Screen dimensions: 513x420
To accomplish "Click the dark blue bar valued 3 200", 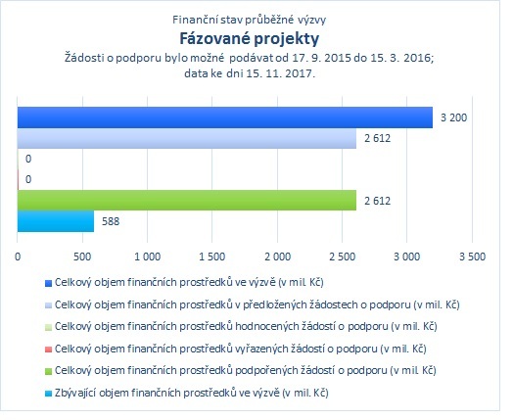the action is click(x=225, y=117).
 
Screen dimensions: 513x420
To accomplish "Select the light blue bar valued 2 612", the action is click(x=187, y=138).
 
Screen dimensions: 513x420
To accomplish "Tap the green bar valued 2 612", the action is click(x=187, y=200).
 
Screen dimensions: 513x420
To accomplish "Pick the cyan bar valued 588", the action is click(x=56, y=221).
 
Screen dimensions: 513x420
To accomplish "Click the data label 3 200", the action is click(x=454, y=117).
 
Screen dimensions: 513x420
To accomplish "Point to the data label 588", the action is click(x=111, y=221).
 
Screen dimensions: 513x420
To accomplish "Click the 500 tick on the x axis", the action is click(x=82, y=257).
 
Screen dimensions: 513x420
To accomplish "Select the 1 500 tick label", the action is click(x=212, y=257).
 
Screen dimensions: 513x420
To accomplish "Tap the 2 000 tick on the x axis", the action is click(x=277, y=257).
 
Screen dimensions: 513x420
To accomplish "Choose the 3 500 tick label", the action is click(x=472, y=257).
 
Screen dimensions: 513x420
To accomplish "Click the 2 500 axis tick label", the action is click(x=343, y=257).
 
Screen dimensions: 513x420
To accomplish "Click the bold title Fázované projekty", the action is click(x=250, y=39).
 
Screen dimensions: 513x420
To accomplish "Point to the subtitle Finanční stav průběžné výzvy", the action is click(x=250, y=20).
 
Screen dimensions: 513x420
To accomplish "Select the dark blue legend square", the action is click(x=48, y=283).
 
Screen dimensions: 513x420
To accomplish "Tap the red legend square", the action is click(x=48, y=350).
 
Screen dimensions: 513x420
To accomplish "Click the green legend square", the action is click(x=48, y=372).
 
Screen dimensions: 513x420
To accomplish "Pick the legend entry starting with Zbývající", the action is click(x=191, y=393).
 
